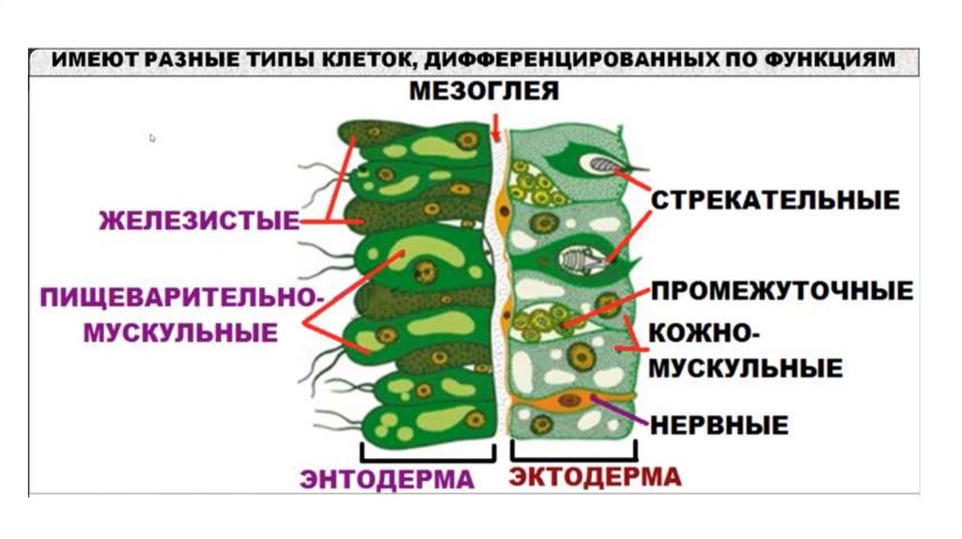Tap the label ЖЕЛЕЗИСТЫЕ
click(198, 223)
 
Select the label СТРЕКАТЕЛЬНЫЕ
click(775, 199)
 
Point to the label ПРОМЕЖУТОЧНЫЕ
click(782, 290)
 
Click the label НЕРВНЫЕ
click(719, 423)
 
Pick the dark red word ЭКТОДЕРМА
click(595, 477)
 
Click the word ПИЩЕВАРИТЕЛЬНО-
click(182, 298)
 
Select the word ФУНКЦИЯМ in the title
click(839, 60)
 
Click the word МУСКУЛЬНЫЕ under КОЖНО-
click(746, 367)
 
